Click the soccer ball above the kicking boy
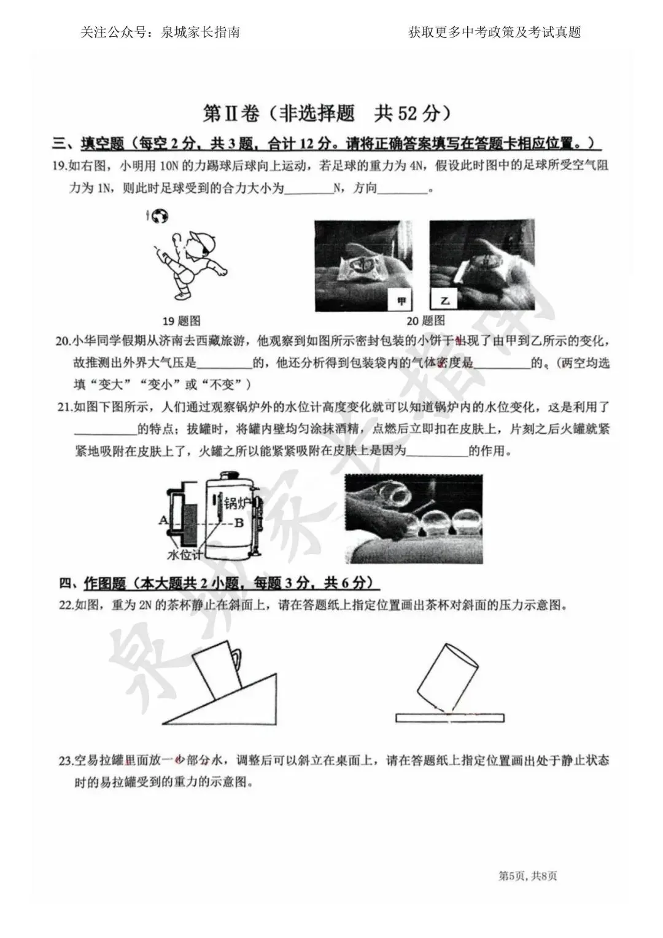point(160,216)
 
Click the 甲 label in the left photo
point(402,301)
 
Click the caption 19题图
point(181,321)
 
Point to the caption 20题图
point(425,321)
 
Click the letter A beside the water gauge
point(163,520)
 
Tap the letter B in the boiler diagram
point(239,523)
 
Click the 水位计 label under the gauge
point(185,555)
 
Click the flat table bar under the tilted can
point(450,718)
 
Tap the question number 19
point(60,166)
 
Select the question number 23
point(66,760)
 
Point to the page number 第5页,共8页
point(527,876)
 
